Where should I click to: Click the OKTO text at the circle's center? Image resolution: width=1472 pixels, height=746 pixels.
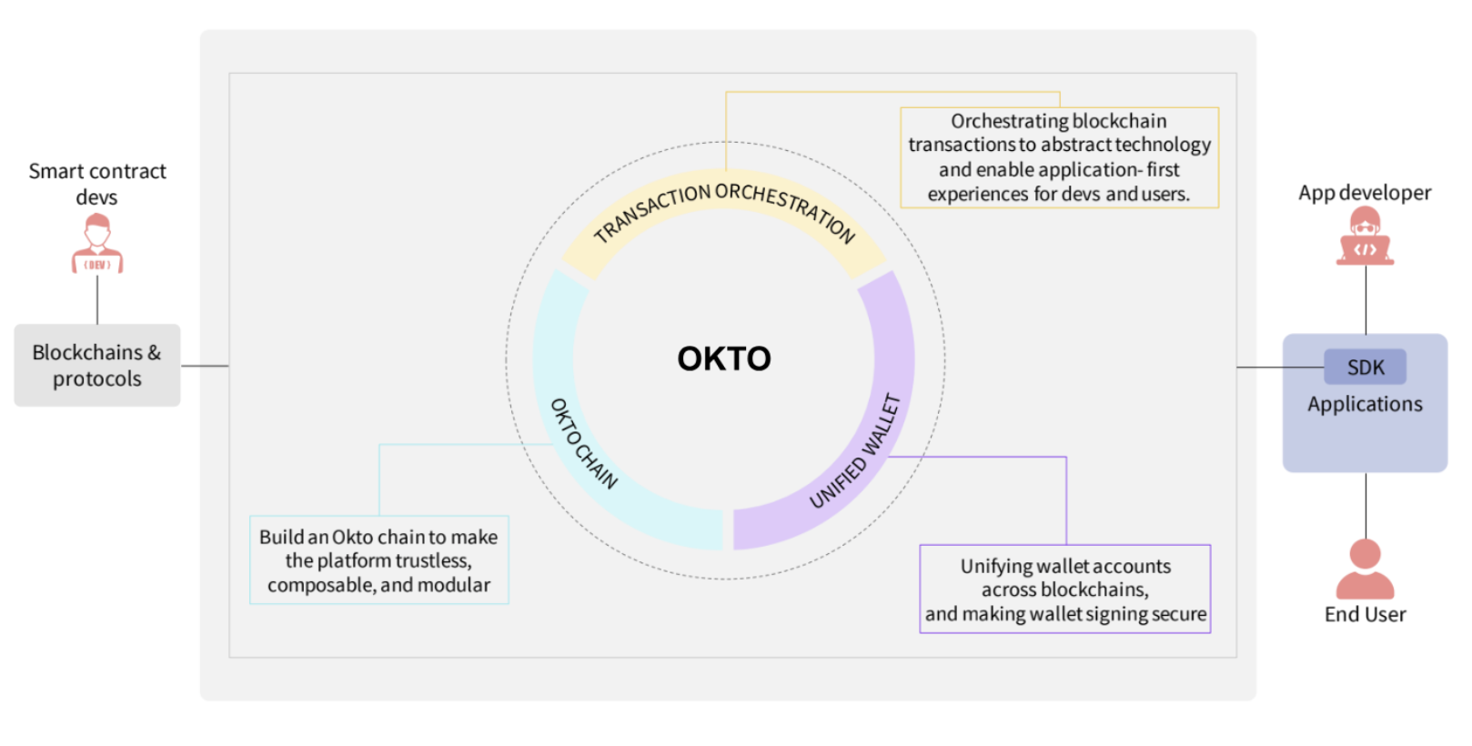click(723, 358)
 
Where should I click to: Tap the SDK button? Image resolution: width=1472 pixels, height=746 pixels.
click(1365, 368)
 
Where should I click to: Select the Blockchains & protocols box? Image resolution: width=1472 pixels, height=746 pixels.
click(97, 365)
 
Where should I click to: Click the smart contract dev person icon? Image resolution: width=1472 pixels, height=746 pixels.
click(97, 244)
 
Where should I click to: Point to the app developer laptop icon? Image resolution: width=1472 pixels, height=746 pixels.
click(1365, 237)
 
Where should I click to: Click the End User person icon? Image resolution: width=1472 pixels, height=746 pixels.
click(1365, 569)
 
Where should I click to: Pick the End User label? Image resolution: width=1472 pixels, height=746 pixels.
click(1365, 615)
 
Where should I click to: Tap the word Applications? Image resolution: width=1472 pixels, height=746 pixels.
click(1365, 405)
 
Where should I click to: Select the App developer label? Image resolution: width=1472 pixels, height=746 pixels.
click(1365, 193)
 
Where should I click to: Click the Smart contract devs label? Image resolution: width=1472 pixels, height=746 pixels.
click(97, 184)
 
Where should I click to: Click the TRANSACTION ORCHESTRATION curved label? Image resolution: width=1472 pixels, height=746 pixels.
click(724, 206)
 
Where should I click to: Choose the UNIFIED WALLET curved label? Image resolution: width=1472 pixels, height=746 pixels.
click(856, 451)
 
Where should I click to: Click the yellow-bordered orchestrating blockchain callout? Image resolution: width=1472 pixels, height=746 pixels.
click(1059, 157)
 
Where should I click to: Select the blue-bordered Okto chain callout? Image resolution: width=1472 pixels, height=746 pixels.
click(378, 560)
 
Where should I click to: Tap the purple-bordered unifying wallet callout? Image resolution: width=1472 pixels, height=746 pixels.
click(1064, 590)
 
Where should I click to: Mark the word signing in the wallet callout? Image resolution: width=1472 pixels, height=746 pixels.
click(1116, 615)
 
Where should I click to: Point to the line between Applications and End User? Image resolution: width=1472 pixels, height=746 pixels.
click(1366, 505)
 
